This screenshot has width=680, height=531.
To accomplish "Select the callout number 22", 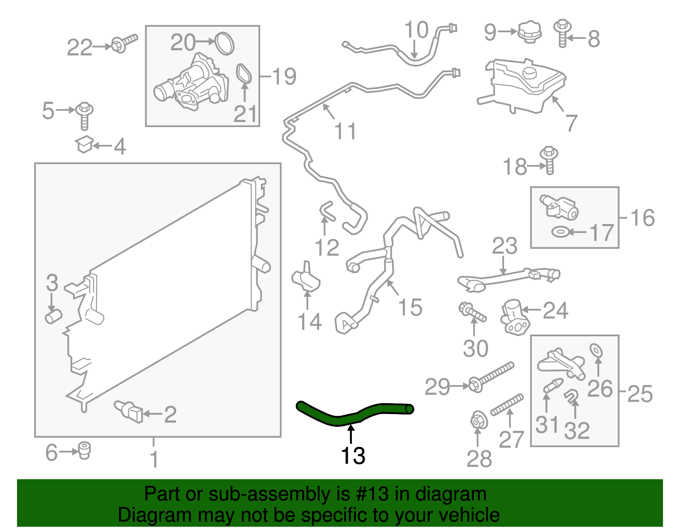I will [79, 47].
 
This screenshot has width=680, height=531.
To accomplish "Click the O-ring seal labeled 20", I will [224, 43].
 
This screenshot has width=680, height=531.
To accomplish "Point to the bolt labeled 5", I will [85, 115].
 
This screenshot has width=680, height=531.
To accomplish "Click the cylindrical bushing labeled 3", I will [54, 317].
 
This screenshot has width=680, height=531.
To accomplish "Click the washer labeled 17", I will [561, 232].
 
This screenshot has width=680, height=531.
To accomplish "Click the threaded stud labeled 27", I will [507, 405].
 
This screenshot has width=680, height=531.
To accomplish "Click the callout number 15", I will [410, 307].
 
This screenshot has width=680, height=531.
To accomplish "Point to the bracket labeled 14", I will [306, 278].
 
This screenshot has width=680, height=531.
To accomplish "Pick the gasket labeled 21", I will [244, 74].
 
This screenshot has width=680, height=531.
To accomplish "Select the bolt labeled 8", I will [562, 33].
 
